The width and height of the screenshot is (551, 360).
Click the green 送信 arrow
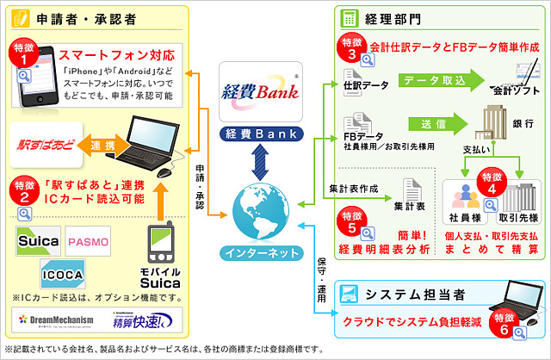[434, 123]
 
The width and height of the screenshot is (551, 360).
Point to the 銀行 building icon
[488, 124]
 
